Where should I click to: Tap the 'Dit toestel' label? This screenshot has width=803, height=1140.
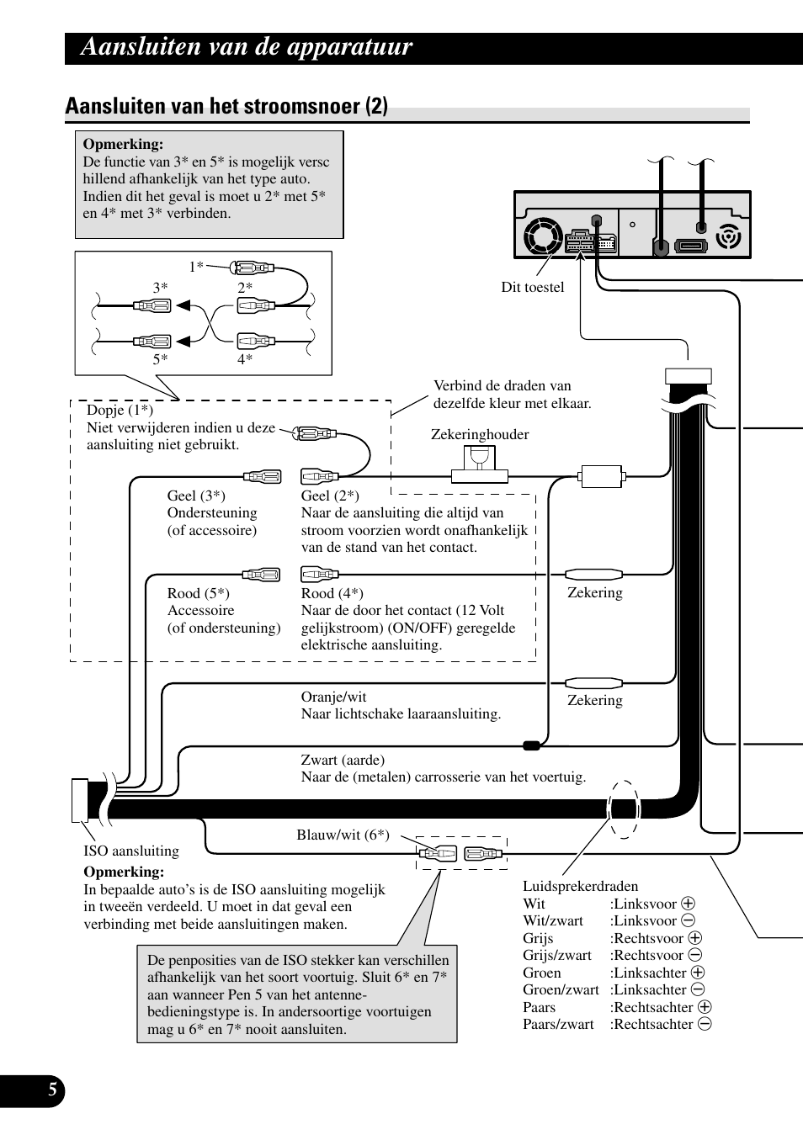point(533,287)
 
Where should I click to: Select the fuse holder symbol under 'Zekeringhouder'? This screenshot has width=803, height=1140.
point(480,463)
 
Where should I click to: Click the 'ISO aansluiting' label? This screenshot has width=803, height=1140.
point(131,851)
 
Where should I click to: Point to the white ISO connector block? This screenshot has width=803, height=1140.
point(80,800)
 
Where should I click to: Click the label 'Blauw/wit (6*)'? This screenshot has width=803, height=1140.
point(343,835)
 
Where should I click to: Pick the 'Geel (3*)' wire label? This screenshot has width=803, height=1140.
point(196,496)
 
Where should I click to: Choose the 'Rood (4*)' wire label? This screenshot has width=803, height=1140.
point(332,593)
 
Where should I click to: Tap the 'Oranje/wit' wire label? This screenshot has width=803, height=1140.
point(333,697)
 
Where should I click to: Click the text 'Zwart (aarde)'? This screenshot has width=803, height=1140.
point(343,760)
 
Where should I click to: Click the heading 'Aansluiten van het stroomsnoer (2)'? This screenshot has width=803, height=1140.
point(226,106)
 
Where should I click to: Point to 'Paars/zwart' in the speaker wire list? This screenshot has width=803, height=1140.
point(558,1024)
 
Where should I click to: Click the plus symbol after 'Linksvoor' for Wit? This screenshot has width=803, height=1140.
point(688,904)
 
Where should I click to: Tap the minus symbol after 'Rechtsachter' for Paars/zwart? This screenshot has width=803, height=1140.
point(705,1024)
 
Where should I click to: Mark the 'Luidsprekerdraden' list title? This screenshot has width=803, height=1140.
point(580,886)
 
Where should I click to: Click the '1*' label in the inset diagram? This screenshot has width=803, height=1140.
point(196,267)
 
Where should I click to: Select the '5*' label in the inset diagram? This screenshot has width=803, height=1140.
point(160,359)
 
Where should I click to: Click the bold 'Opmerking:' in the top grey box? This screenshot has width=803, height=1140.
point(123,144)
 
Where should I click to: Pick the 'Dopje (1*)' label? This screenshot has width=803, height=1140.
point(120,410)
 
